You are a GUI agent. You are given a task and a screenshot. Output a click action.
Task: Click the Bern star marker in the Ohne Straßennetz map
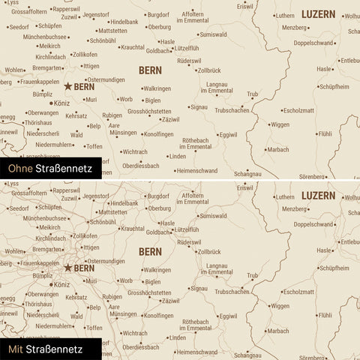click(69, 87)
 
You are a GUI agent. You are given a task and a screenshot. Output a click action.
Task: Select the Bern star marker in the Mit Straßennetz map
click(69, 267)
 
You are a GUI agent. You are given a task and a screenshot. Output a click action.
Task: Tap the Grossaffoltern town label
click(29, 12)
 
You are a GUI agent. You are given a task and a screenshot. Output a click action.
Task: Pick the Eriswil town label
click(245, 6)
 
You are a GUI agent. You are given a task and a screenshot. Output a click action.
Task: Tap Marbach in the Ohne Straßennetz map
click(278, 148)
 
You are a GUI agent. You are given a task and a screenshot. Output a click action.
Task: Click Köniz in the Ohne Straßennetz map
click(62, 103)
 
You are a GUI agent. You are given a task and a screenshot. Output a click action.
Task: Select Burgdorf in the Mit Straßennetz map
click(158, 194)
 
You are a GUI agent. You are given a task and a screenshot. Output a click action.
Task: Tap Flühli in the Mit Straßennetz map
click(325, 315)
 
